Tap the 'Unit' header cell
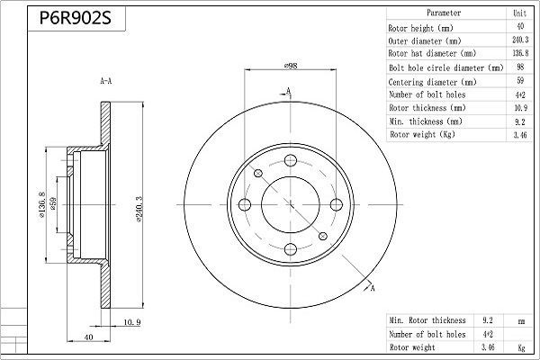click(x=520, y=13)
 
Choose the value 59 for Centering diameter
click(x=520, y=80)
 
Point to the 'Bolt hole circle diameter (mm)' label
click(x=445, y=67)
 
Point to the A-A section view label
click(x=105, y=82)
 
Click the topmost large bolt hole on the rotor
click(x=291, y=161)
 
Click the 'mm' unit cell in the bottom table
click(x=519, y=319)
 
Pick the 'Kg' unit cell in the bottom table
click(x=519, y=346)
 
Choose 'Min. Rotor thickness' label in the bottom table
click(x=427, y=319)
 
